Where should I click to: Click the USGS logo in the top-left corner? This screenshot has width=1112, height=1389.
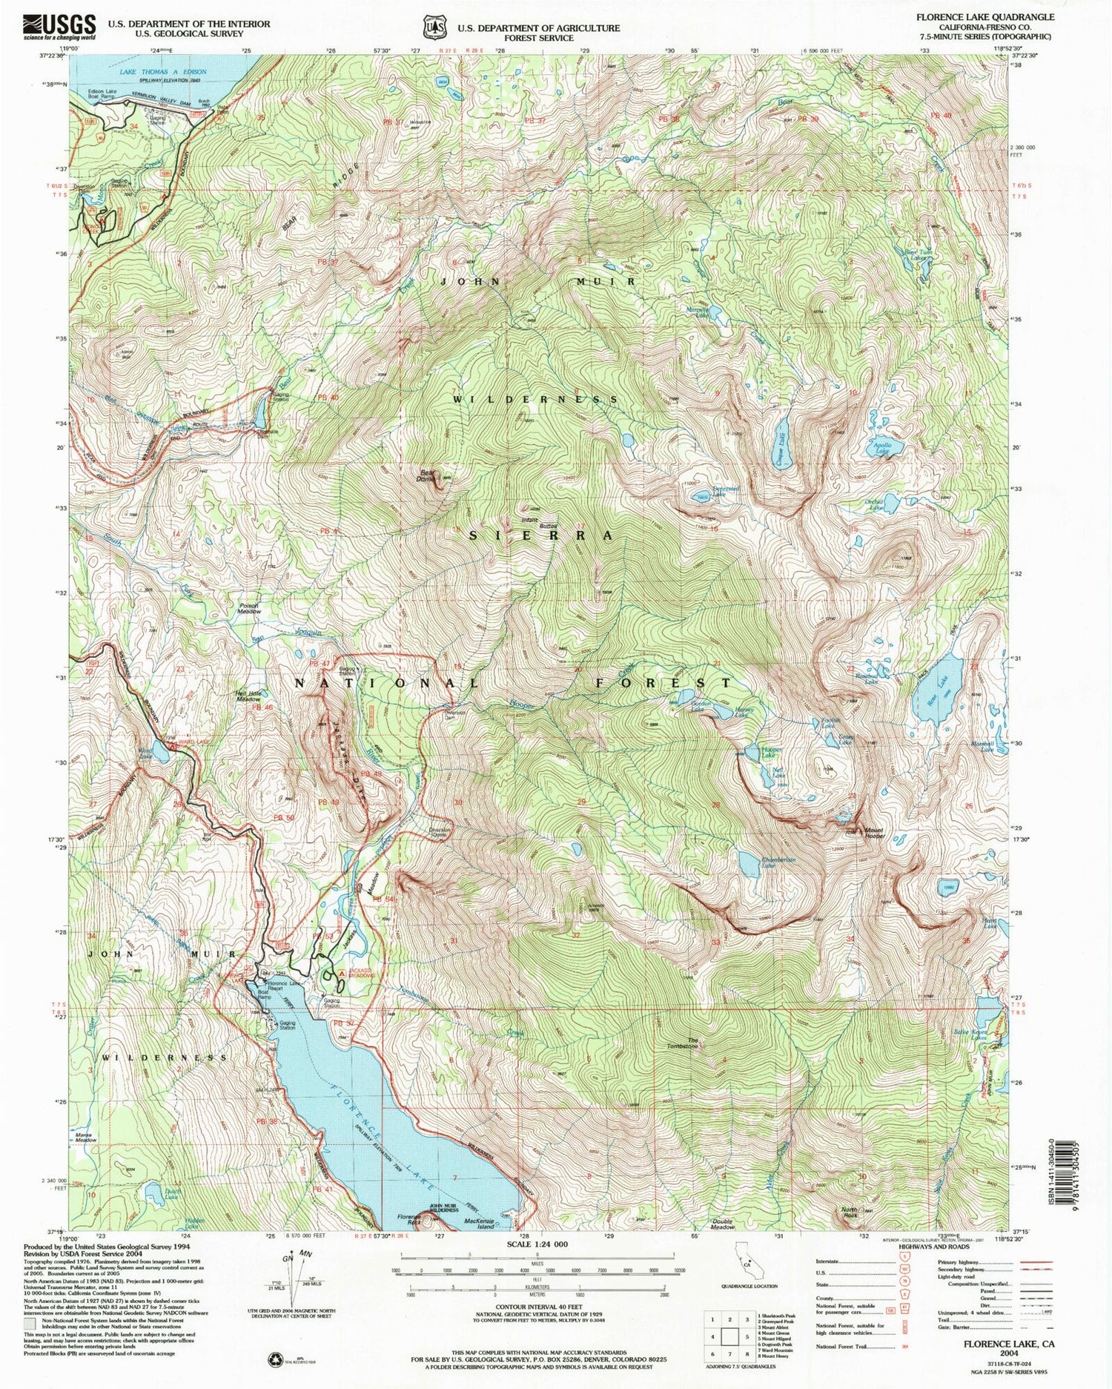tap(59, 26)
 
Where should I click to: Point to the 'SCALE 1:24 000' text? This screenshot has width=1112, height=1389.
tap(537, 1244)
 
